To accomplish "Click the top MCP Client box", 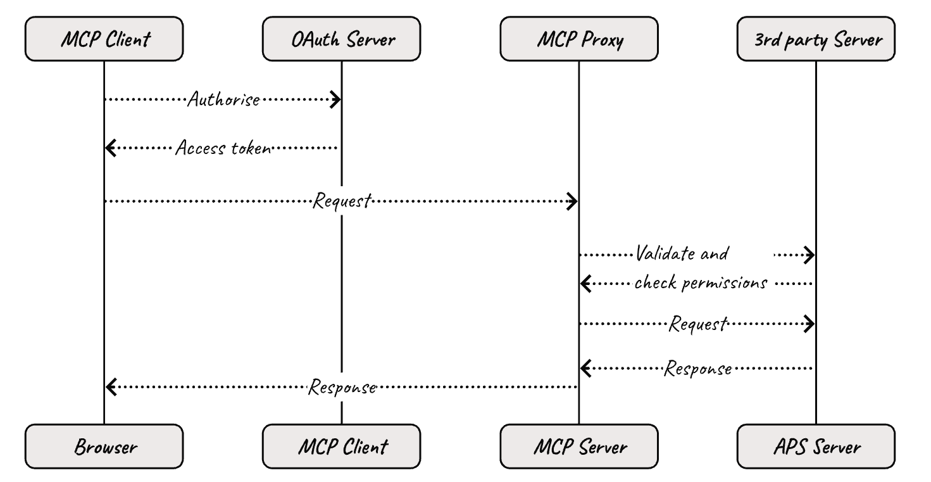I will tap(104, 39).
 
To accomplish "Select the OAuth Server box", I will tap(341, 39).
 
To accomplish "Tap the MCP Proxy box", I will tap(578, 39).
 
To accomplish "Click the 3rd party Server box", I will tap(816, 39).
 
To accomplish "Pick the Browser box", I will tap(104, 447).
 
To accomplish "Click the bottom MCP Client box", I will tap(341, 447).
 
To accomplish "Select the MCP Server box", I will tap(578, 447).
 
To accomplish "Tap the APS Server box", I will tap(816, 447).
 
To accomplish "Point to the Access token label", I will tap(223, 148).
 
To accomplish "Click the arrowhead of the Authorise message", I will tap(337, 99).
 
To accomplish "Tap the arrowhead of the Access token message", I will tap(109, 148).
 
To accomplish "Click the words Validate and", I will tap(682, 255).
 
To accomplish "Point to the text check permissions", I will tap(701, 284).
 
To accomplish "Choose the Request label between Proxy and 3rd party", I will tap(697, 325).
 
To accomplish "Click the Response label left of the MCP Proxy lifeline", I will tap(342, 386).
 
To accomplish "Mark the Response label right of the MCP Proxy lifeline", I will tap(697, 368).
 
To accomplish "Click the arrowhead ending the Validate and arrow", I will tap(810, 255).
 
